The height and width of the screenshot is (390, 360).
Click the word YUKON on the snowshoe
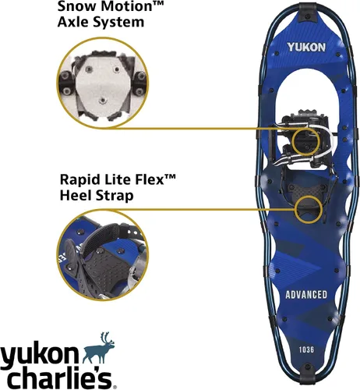pyautogui.click(x=306, y=47)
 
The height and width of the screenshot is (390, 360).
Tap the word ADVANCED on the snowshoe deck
pyautogui.click(x=306, y=295)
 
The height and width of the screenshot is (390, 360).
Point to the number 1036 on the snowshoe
pyautogui.click(x=306, y=349)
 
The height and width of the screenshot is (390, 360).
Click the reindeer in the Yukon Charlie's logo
pyautogui.click(x=98, y=348)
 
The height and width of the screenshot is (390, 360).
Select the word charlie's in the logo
pyautogui.click(x=58, y=378)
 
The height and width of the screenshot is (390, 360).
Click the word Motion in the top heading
pyautogui.click(x=125, y=6)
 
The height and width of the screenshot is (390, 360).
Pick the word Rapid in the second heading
pyautogui.click(x=78, y=180)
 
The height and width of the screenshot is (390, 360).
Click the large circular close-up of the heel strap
pyautogui.click(x=103, y=255)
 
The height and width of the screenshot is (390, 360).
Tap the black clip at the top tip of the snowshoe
pyautogui.click(x=309, y=12)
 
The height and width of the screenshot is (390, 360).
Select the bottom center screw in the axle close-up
pyautogui.click(x=104, y=101)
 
